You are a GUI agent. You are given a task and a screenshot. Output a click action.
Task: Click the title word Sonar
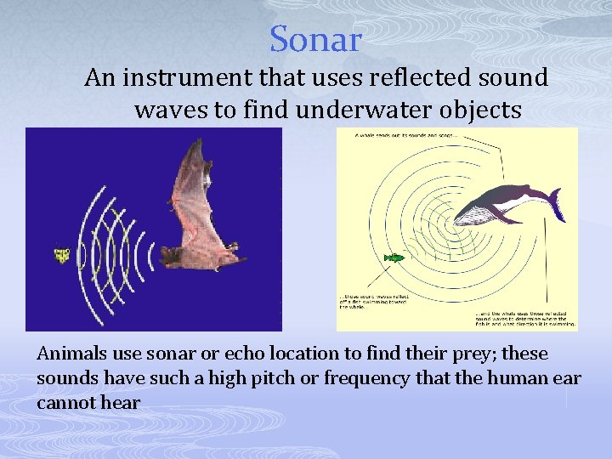click(315, 39)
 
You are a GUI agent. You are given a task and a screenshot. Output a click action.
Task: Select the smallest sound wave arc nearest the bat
click(150, 253)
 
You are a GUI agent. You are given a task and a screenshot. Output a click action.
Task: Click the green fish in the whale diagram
click(394, 256)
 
